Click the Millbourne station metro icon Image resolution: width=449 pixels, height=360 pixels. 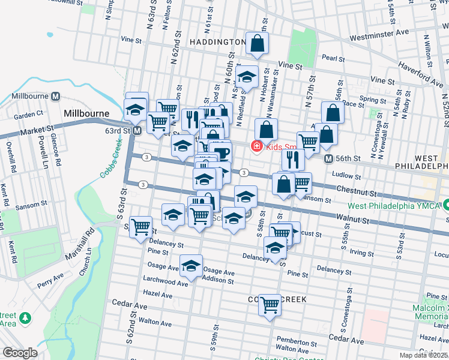pos(55,96)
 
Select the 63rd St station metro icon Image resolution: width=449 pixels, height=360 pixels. pos(137,130)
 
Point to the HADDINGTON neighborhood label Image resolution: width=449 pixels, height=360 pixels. pos(217,42)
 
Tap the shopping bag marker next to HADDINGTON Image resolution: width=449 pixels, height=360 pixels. pos(257,44)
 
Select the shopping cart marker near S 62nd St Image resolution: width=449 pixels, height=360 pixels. pos(140,227)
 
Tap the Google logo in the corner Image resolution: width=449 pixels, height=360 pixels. pos(19,353)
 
